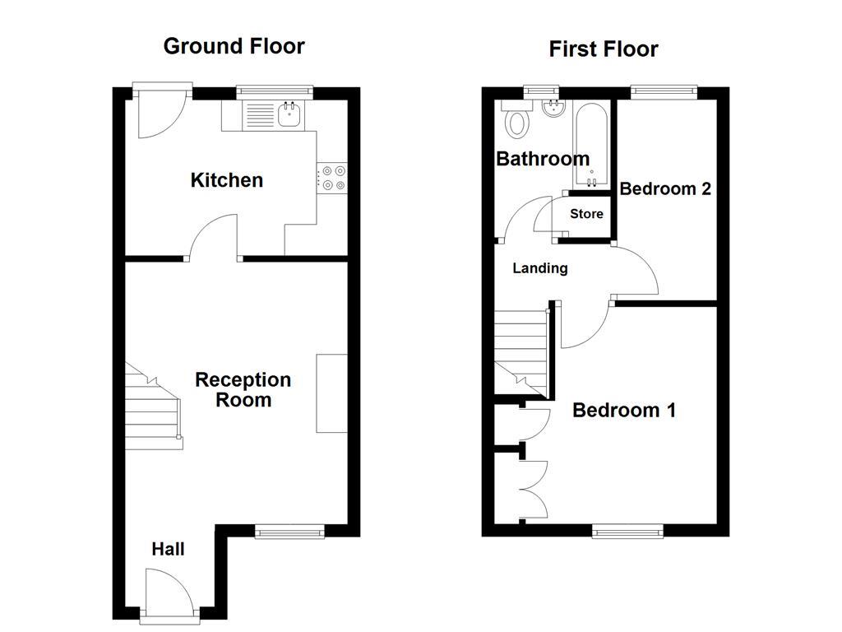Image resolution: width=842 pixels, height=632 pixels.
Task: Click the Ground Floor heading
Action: coord(234,46)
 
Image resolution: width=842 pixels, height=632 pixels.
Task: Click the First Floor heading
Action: coord(604,49)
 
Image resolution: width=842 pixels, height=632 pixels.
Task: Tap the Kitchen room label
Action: coord(227,180)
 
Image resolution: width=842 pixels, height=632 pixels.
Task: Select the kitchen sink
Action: coord(289,114)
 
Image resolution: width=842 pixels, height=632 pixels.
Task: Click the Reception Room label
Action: coord(243,390)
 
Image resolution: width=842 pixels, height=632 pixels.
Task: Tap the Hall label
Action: coord(168,550)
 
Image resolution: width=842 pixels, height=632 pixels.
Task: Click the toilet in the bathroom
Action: coord(517,120)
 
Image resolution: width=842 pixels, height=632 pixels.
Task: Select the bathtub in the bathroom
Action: coord(592,144)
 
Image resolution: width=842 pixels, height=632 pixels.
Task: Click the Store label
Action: coord(586,214)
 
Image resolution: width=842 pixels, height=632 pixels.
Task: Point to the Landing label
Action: coord(539,268)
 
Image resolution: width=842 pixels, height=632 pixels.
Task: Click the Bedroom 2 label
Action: coord(664,189)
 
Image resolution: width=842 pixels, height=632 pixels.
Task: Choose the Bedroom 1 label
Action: coord(623,410)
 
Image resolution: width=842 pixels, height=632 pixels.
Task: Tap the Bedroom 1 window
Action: coord(628,532)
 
